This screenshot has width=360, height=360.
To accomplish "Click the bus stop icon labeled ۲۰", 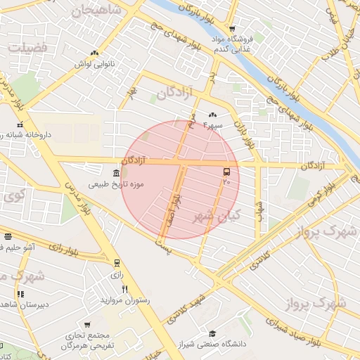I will pyautogui.click(x=226, y=172).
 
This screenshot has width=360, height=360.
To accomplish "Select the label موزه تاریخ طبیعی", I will pyautogui.click(x=116, y=186).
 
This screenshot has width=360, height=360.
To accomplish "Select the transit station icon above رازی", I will pyautogui.click(x=117, y=263).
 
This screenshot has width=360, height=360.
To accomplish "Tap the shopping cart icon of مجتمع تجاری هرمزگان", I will pyautogui.click(x=86, y=325).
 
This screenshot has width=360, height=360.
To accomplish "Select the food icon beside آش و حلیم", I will pyautogui.click(x=7, y=237).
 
